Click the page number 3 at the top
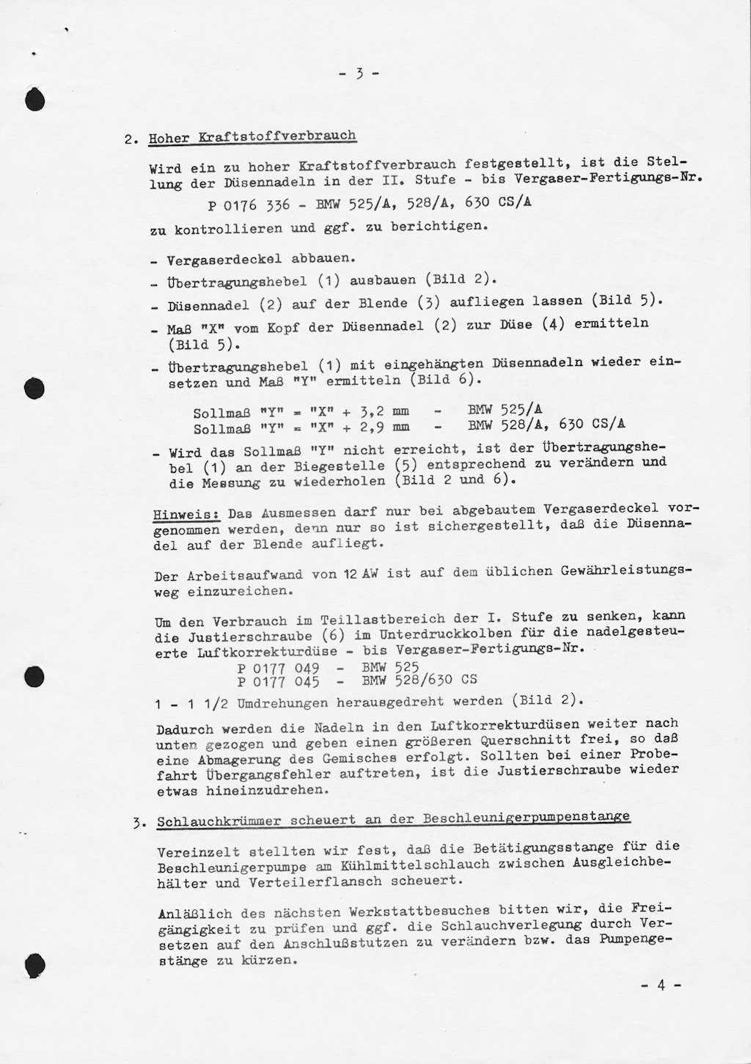coord(359,73)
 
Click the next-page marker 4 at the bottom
coord(661,986)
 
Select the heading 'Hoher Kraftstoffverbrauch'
coord(252,136)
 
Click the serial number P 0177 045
coord(278,681)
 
